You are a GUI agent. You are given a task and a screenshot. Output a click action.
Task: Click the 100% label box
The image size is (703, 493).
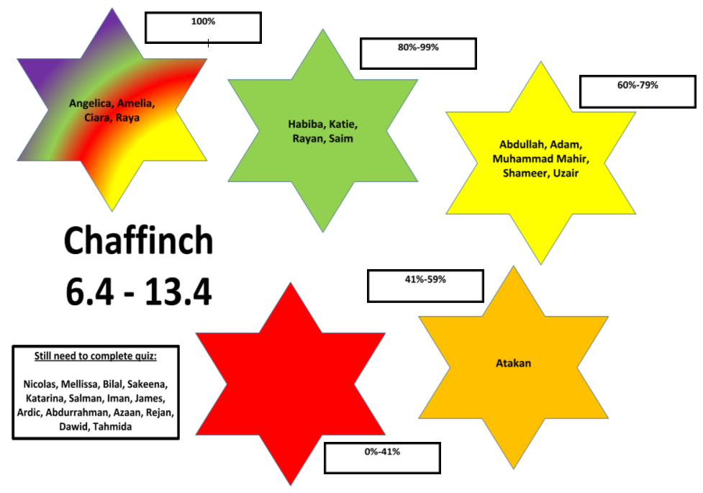(203, 28)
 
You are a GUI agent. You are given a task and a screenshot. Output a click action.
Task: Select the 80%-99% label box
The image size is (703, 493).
(418, 53)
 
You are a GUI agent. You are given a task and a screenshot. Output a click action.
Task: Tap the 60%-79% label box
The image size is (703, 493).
(637, 91)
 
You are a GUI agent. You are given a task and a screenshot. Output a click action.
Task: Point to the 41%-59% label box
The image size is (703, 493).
(425, 286)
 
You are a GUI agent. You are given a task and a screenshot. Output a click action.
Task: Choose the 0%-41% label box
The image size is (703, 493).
(382, 458)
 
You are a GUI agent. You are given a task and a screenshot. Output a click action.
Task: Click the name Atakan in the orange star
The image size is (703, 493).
(513, 363)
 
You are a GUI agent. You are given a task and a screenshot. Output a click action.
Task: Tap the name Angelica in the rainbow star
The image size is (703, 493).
(91, 104)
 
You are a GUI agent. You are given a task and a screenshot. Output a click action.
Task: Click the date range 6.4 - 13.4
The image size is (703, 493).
(138, 291)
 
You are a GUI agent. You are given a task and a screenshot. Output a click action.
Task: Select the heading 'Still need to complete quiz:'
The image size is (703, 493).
(96, 356)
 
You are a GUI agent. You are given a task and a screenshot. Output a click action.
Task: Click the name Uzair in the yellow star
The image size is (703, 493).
(564, 173)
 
